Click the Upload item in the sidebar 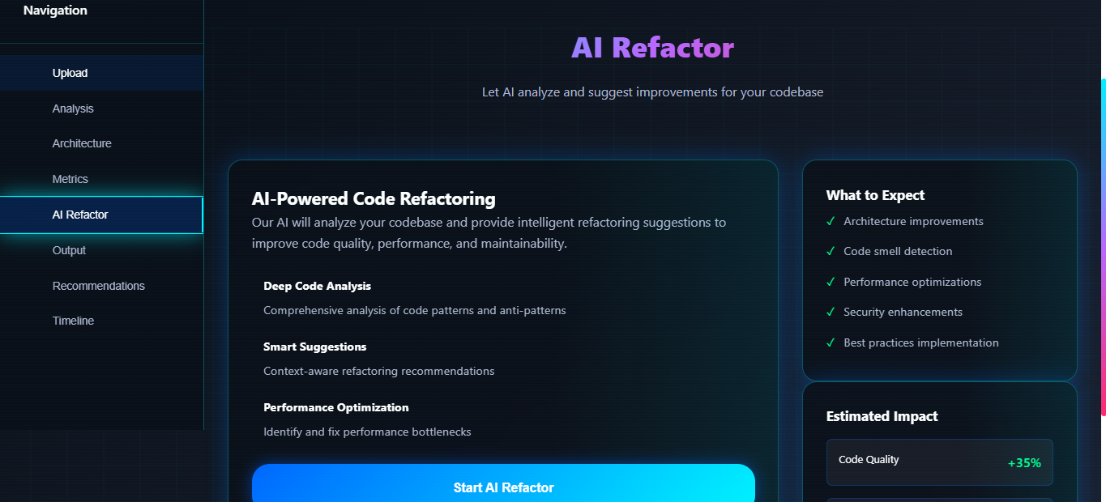(70, 73)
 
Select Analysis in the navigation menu (73, 108)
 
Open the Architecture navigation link (82, 143)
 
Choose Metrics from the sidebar (70, 179)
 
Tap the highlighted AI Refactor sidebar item (80, 215)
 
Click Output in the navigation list (69, 250)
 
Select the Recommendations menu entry (99, 286)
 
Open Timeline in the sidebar (73, 321)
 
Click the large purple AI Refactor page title (652, 48)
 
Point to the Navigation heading (55, 11)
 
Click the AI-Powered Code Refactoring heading (374, 198)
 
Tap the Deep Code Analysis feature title (317, 286)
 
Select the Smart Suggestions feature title (314, 347)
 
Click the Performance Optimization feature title (335, 407)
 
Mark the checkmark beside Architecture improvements (831, 221)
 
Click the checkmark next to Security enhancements (831, 312)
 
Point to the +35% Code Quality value (1024, 463)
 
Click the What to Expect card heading (875, 195)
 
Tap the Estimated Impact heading (882, 416)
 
